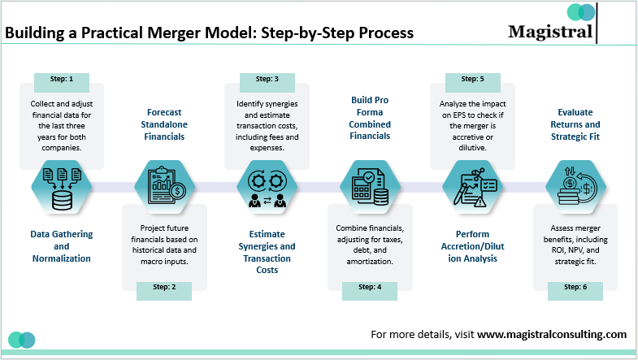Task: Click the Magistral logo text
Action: pos(550,32)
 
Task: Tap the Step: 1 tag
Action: pos(62,79)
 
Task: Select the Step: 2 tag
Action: pos(164,286)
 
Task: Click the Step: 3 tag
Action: pos(267,79)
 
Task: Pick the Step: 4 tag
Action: pos(369,286)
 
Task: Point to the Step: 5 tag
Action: pos(471,79)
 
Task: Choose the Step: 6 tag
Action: pos(575,286)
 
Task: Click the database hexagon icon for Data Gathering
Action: pos(62,186)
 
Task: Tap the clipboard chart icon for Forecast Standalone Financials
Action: pos(164,186)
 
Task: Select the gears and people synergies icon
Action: pos(267,186)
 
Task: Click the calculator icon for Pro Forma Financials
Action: pos(369,186)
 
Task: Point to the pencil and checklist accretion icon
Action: pos(471,186)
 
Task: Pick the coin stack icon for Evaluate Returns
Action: pos(575,186)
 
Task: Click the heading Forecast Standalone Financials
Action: pos(164,124)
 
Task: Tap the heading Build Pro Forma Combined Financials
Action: pos(369,118)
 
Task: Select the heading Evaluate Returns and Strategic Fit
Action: pos(575,124)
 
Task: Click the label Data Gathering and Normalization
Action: pos(62,246)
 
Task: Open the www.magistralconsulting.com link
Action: pos(552,334)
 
